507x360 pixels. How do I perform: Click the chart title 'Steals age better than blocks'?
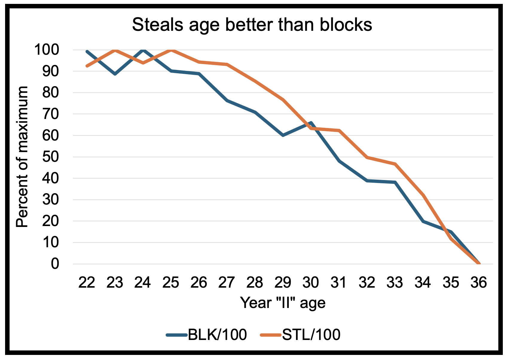(252, 25)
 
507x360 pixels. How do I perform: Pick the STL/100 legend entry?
(301, 335)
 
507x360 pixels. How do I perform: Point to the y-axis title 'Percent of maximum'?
(22, 157)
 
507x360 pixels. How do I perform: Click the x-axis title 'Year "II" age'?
(282, 303)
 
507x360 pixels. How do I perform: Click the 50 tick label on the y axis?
(51, 157)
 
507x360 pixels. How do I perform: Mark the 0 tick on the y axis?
(55, 264)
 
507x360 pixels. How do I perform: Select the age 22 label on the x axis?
(87, 283)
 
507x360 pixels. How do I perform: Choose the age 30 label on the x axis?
(311, 283)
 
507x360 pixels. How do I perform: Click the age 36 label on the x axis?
(479, 283)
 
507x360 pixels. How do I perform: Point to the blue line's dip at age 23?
(115, 74)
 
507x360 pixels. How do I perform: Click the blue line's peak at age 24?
(143, 50)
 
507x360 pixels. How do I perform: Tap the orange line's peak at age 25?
(171, 50)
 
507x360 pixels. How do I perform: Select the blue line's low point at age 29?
(283, 135)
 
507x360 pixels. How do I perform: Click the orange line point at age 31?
(339, 130)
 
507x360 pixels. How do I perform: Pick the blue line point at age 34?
(423, 221)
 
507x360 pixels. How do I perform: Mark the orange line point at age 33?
(395, 164)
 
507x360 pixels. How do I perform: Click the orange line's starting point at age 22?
(87, 66)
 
